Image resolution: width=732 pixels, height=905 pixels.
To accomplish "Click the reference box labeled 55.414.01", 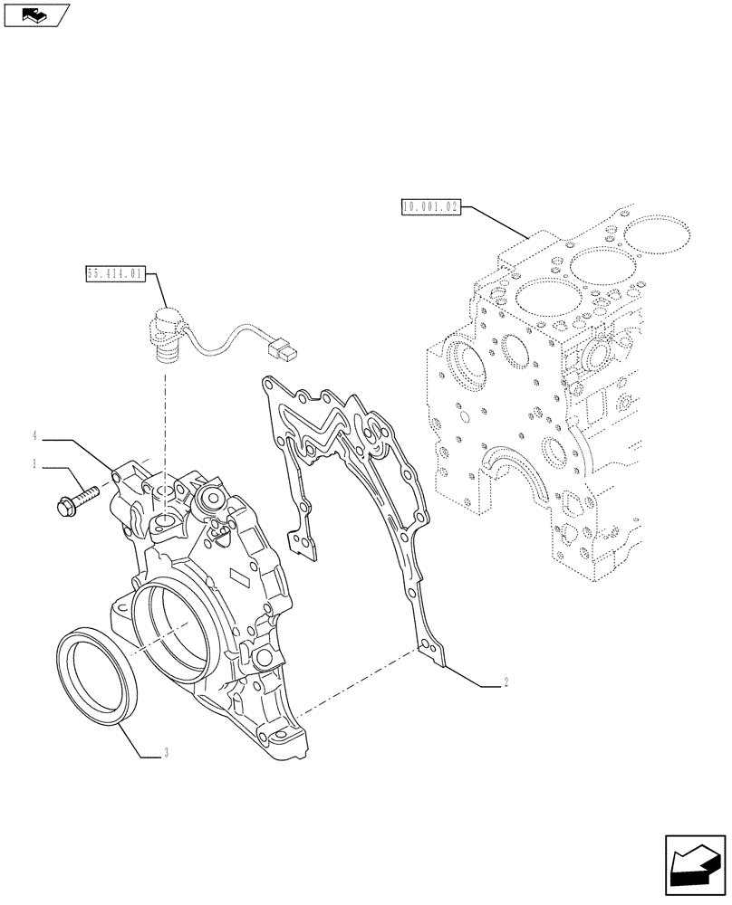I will pyautogui.click(x=116, y=272).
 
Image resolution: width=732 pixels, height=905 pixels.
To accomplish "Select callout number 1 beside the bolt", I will pyautogui.click(x=34, y=464).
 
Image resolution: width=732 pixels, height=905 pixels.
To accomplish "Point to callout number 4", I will pyautogui.click(x=34, y=437).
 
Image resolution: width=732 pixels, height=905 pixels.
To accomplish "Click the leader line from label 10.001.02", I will pyautogui.click(x=496, y=223).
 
